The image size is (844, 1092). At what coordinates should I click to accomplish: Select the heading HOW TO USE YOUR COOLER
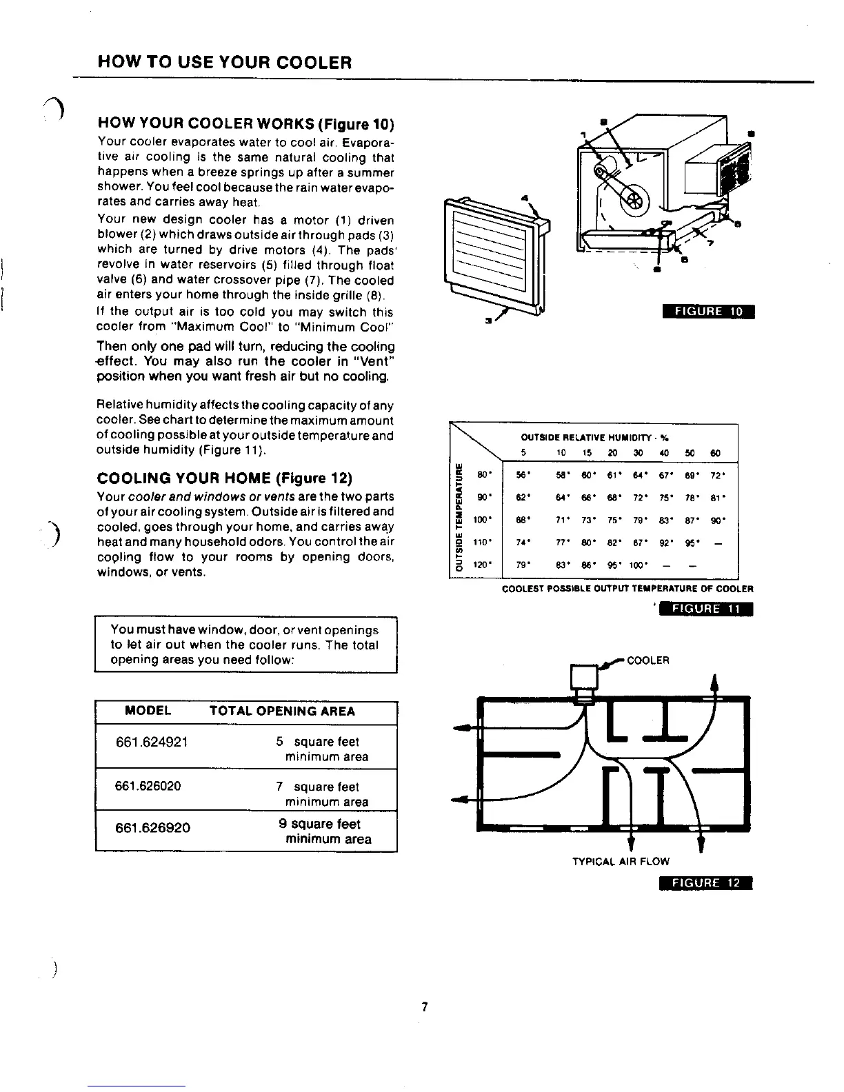(x=225, y=63)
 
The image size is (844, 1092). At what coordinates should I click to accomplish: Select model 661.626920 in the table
(x=153, y=827)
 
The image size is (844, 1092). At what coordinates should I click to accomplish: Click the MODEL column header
(x=148, y=711)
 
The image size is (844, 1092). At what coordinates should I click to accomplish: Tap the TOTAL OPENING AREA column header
(x=282, y=711)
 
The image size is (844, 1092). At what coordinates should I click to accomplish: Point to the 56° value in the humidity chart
(x=525, y=476)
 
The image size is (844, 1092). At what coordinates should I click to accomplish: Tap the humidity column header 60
(x=715, y=453)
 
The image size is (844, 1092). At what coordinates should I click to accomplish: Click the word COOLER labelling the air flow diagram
(x=648, y=660)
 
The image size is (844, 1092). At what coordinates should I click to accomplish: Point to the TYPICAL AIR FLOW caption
(x=621, y=861)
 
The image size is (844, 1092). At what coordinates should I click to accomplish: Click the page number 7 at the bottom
(x=425, y=1007)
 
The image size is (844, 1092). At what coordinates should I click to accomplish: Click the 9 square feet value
(x=319, y=824)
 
